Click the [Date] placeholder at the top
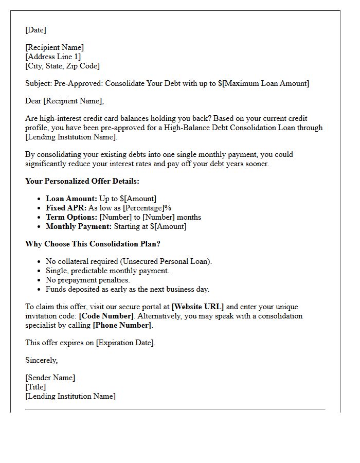[35, 30]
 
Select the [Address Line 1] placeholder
[53, 57]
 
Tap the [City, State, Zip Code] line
[62, 66]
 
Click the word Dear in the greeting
[33, 101]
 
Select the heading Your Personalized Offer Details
[82, 181]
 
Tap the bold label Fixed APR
[66, 208]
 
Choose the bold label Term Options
[71, 217]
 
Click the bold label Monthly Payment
[77, 226]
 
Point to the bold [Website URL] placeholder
[197, 307]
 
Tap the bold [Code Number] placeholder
[106, 316]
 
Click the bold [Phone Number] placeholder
[122, 325]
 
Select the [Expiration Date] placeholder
[125, 343]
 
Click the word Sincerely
[41, 360]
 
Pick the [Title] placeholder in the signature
[35, 387]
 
